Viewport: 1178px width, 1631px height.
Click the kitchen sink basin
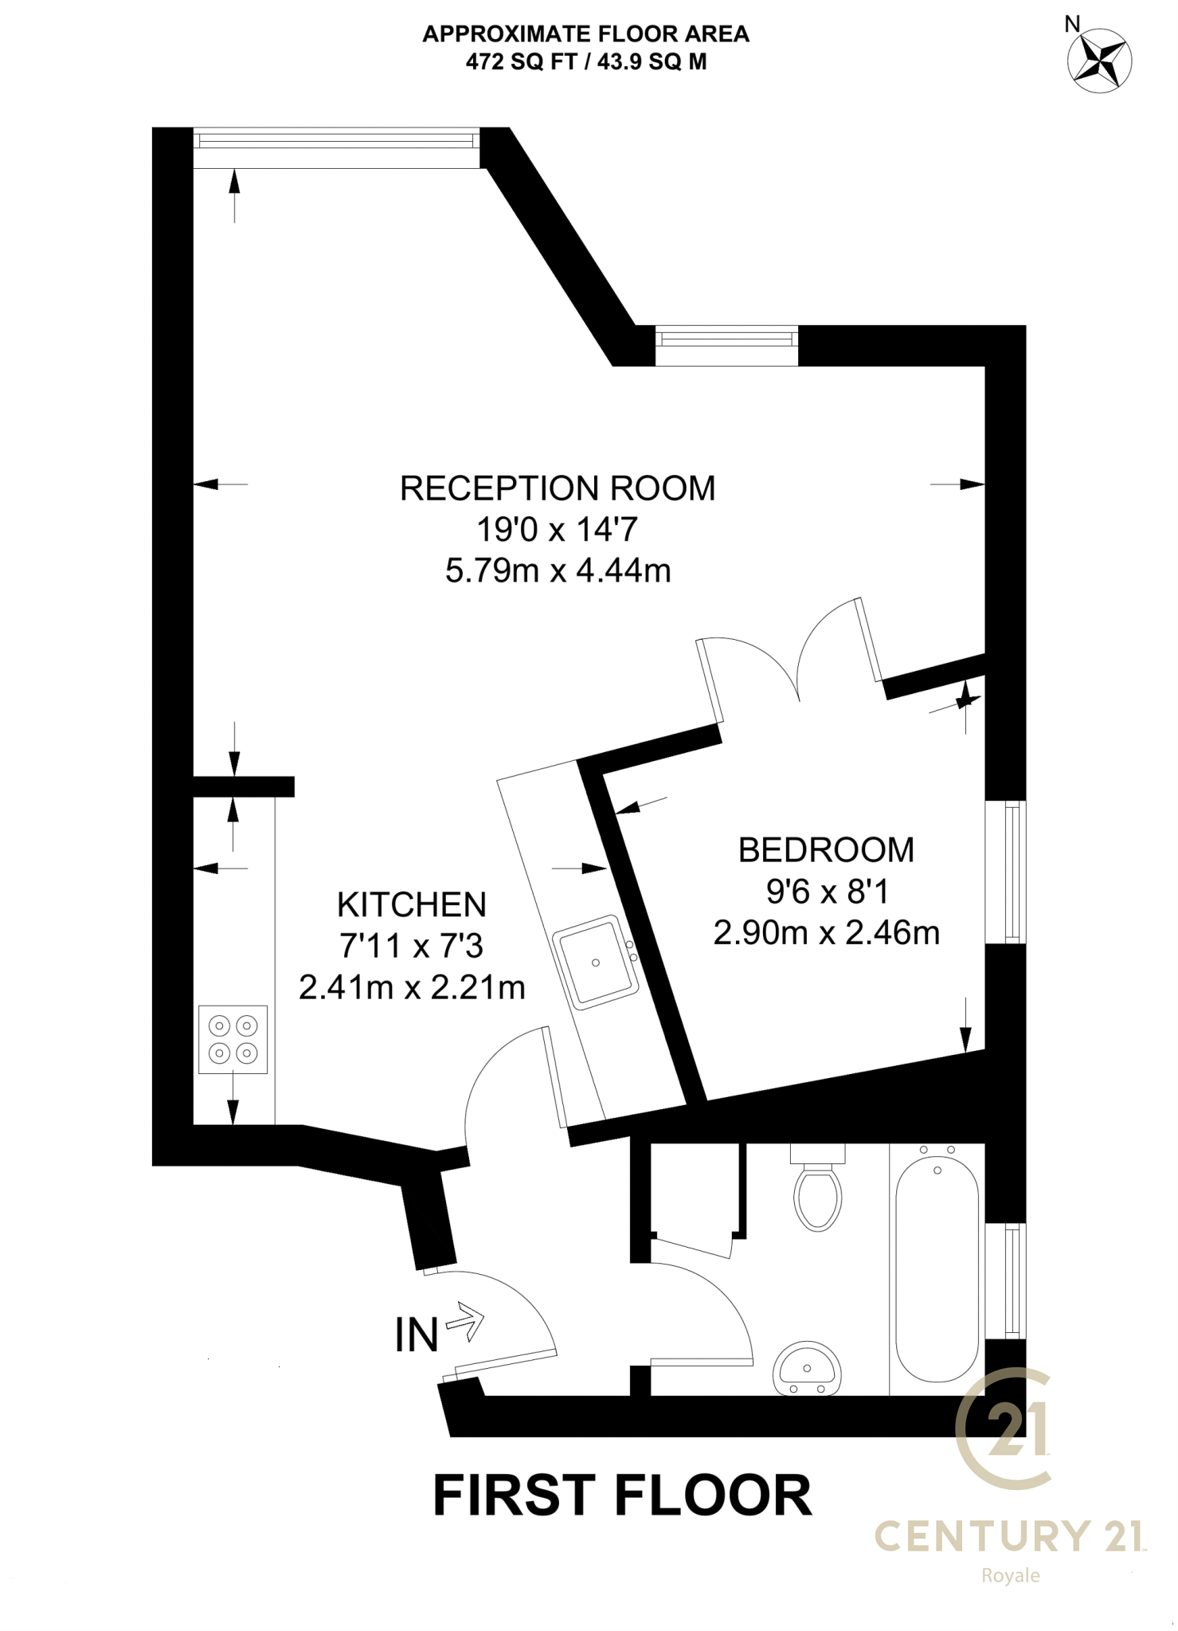coord(597,963)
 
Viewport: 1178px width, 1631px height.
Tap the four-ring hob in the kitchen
coord(233,1040)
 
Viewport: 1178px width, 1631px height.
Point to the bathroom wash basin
coord(807,1369)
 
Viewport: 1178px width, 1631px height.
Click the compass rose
coord(1099,61)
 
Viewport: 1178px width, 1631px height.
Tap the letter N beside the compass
coord(1072,25)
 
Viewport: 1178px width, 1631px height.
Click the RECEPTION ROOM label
coord(558,488)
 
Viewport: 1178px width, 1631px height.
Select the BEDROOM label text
coord(826,850)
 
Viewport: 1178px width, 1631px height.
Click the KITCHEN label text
coord(412,905)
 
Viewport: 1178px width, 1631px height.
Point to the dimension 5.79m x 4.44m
coord(558,571)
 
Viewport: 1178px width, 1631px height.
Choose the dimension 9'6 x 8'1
coord(827,892)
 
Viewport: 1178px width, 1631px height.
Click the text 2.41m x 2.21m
coord(412,988)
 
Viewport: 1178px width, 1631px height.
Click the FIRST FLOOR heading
coord(622,1496)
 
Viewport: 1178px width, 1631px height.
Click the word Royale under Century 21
coord(1010,1575)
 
